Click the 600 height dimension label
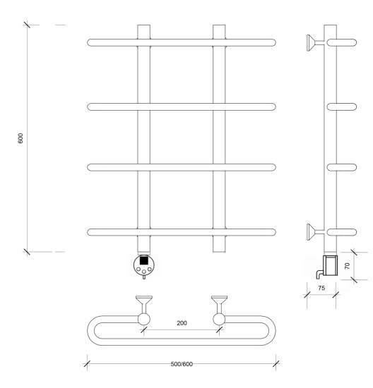20,138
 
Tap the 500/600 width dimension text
182,364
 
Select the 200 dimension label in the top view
182,323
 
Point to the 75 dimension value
321,288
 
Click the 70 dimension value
347,266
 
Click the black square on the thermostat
144,260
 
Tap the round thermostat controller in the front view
143,265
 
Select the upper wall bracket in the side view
315,43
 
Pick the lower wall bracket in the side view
315,232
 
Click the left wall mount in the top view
144,310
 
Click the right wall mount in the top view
219,310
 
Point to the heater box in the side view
331,265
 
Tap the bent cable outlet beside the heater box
319,274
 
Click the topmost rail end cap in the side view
342,42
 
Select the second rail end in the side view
342,107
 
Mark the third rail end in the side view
342,167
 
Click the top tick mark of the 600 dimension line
27,25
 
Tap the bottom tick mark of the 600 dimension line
27,252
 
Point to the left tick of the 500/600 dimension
87,364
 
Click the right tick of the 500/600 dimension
276,364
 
